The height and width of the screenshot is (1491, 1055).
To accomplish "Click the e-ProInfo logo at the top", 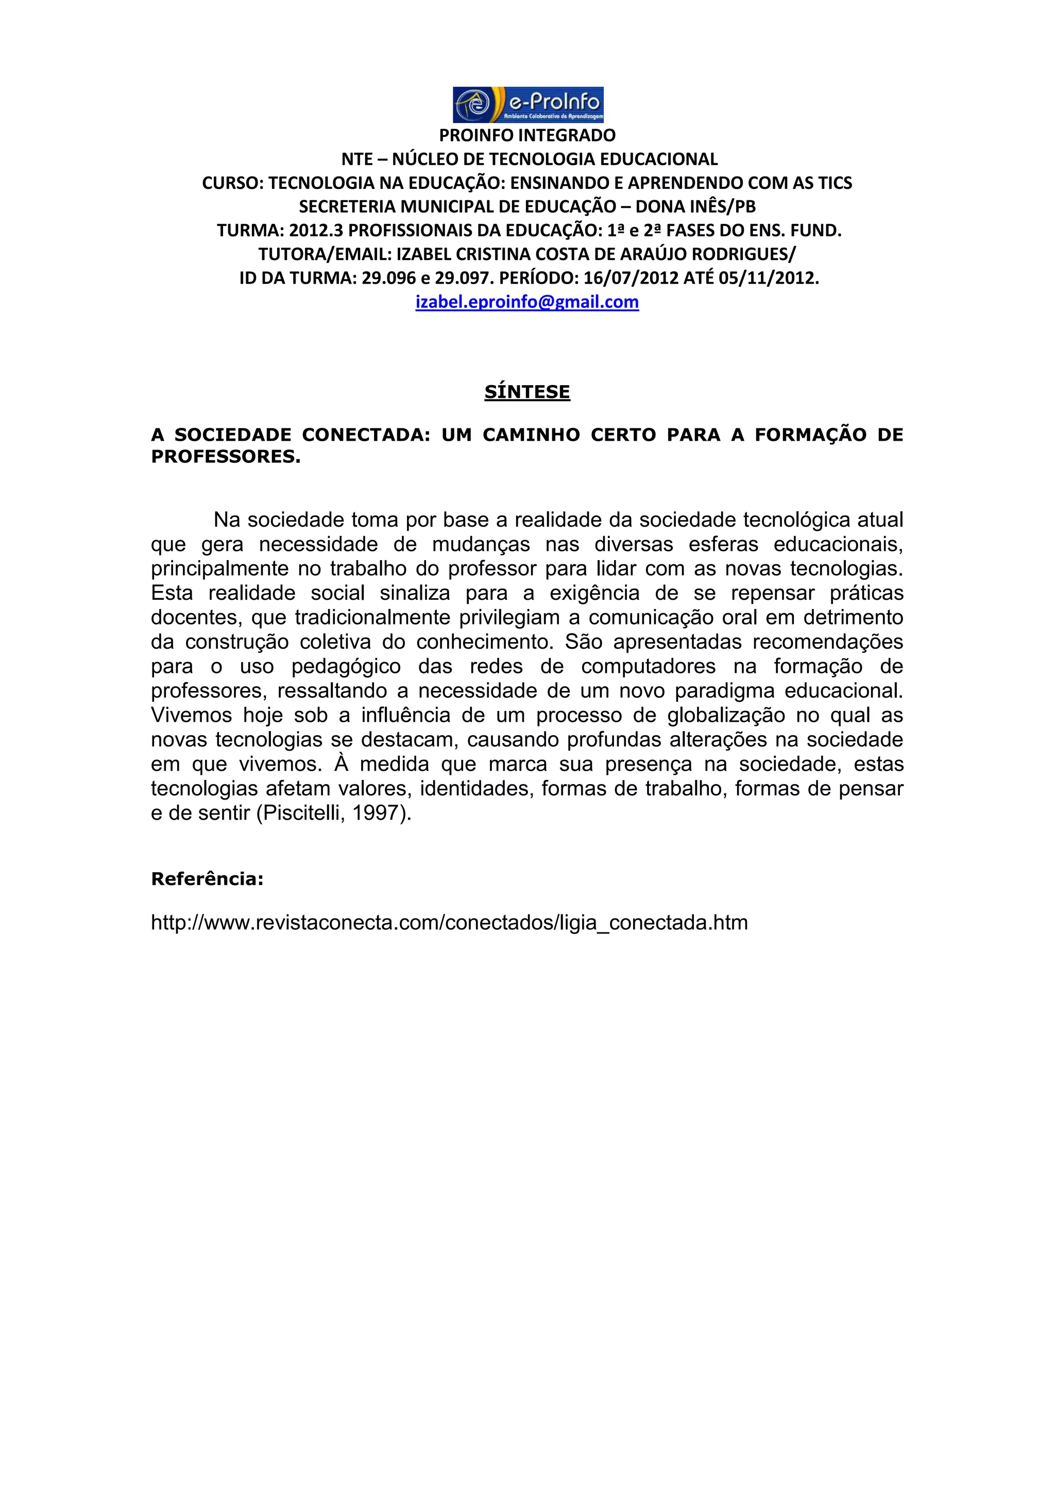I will [x=527, y=105].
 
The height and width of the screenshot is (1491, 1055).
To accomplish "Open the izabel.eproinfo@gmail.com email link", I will [x=527, y=302].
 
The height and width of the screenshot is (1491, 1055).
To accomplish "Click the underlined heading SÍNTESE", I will [x=527, y=392].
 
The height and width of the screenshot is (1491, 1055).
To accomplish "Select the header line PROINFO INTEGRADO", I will [x=527, y=135].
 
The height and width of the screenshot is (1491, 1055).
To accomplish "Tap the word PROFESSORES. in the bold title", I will [x=226, y=457].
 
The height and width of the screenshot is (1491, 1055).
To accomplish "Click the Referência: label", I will [x=207, y=879].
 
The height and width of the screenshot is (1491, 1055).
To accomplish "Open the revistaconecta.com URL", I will [x=449, y=922].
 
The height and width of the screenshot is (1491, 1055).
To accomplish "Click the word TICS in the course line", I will [x=835, y=183].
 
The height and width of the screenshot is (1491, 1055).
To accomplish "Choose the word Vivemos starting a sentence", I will [x=191, y=715].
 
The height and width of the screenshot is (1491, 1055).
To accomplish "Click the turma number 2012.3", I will [x=316, y=231].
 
